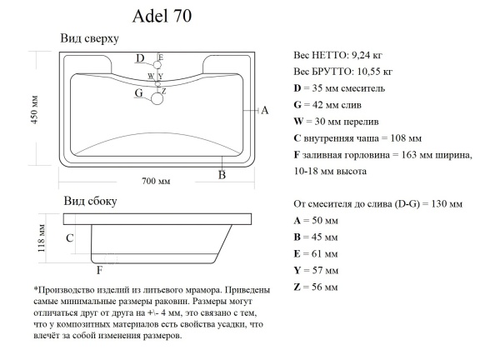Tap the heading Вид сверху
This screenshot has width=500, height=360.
[90, 39]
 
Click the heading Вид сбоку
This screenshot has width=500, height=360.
[90, 201]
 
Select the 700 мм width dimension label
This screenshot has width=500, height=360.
[155, 182]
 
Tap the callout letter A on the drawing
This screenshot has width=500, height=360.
[264, 110]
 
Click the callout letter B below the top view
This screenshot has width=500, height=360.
[222, 174]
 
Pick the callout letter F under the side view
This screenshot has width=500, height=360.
[99, 270]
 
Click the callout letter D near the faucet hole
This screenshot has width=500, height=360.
[140, 58]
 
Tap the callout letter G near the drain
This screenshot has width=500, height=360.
[139, 93]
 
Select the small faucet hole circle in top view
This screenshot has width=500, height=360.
[157, 64]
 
